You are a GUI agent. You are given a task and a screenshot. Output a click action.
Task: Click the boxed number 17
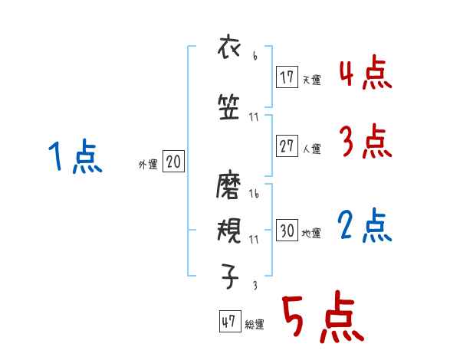287,77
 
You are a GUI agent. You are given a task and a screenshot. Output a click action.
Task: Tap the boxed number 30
287,231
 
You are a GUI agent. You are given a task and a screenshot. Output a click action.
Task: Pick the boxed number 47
228,322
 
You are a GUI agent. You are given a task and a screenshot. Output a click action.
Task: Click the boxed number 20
173,162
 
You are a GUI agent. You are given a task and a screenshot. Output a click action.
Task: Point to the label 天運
311,80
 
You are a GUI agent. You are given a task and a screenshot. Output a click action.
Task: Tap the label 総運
255,325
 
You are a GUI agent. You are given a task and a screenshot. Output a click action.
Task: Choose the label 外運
147,164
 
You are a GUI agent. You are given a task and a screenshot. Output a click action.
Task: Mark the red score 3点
365,142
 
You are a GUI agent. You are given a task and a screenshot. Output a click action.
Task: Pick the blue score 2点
365,226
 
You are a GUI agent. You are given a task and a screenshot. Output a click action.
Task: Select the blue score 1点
75,157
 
